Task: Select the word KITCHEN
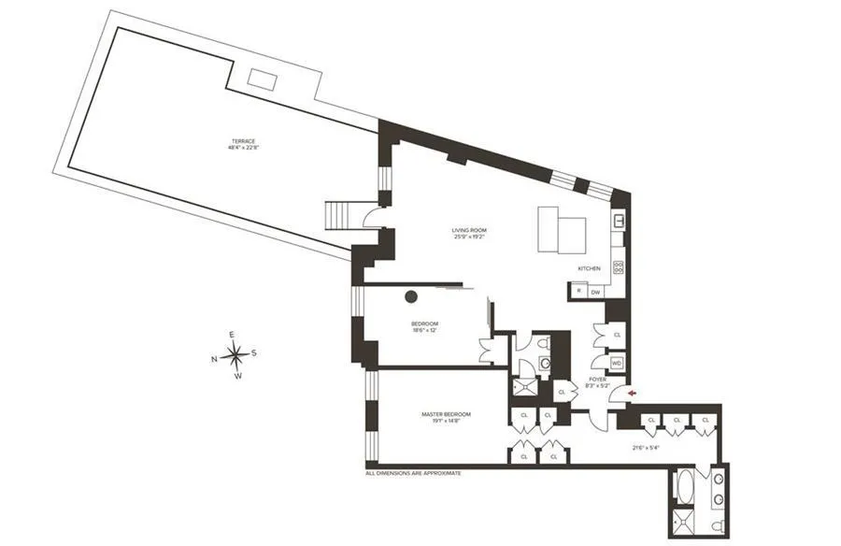point(589,268)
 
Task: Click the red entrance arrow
point(634,394)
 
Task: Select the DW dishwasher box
point(595,292)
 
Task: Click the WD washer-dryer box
point(616,362)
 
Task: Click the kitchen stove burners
point(618,267)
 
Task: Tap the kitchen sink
point(619,222)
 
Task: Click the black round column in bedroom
point(410,297)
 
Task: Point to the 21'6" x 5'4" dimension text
point(647,448)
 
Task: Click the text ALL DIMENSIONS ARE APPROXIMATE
point(412,474)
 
